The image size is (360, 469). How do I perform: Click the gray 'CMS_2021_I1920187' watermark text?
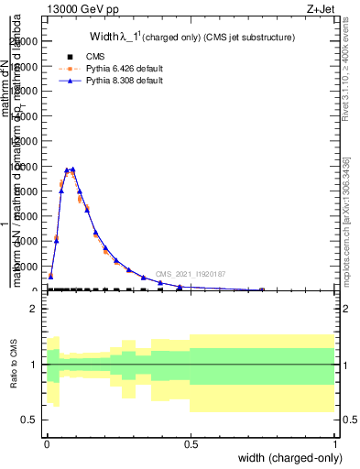coord(191,274)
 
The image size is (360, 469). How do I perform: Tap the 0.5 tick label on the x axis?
coord(191,442)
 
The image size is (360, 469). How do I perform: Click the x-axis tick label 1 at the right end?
coord(334,442)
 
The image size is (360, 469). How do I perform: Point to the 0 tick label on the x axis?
coord(46,442)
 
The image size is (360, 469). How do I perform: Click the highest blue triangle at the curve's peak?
coord(72,169)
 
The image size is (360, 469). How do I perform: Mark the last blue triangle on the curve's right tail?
coord(262,289)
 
